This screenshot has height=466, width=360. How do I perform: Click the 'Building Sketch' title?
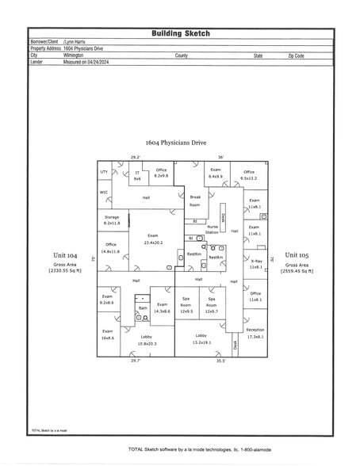(180, 33)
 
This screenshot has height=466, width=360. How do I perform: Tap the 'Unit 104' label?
(65, 255)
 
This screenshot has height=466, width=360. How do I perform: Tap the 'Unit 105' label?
(296, 255)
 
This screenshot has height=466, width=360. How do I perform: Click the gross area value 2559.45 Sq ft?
(296, 271)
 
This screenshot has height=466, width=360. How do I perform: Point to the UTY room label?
(104, 171)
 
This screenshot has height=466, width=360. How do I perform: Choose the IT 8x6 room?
(136, 176)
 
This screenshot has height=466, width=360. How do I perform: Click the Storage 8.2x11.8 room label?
(111, 220)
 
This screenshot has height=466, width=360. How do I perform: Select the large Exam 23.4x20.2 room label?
(152, 239)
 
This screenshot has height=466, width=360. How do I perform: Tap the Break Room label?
(195, 201)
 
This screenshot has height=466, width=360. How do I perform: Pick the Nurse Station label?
(213, 230)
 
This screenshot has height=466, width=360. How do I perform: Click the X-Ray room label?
(255, 264)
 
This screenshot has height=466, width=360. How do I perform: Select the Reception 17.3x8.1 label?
(255, 333)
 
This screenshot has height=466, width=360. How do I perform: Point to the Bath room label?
(143, 307)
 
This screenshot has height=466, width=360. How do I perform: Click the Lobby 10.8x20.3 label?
(147, 340)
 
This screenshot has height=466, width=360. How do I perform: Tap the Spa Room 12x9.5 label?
(186, 305)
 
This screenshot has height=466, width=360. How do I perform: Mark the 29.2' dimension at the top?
(135, 157)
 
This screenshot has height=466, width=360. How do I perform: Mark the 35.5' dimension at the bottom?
(220, 361)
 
